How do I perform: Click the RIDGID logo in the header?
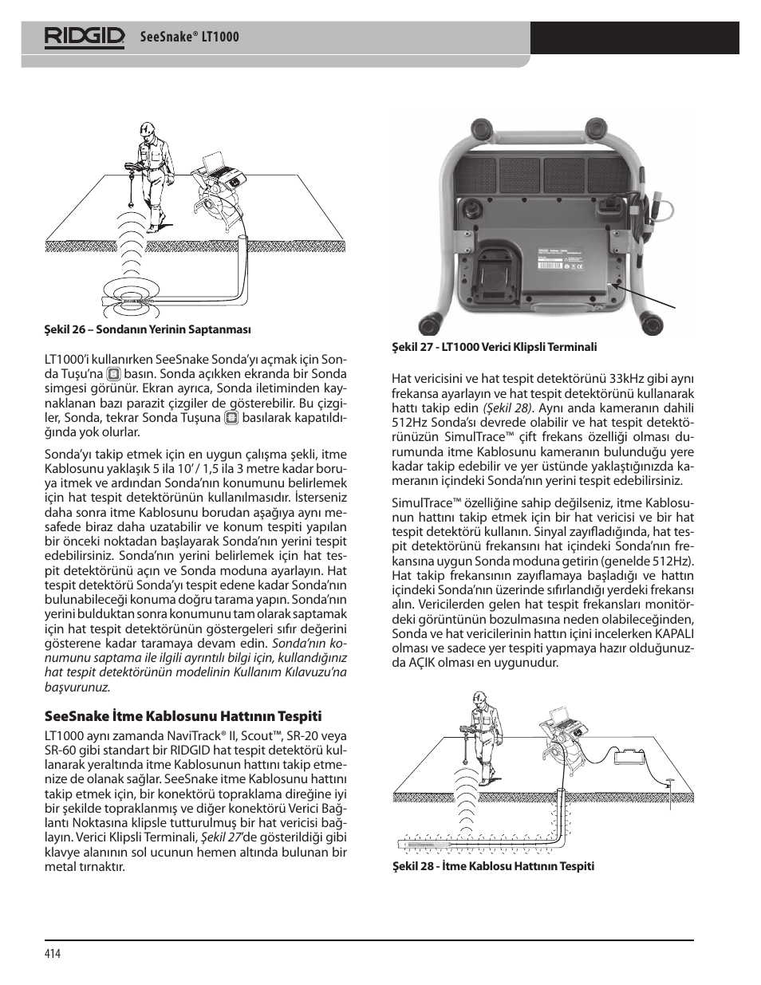(85, 37)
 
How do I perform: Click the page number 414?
(53, 954)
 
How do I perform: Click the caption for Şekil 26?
(148, 329)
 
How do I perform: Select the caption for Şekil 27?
(494, 347)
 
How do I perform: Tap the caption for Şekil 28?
(492, 866)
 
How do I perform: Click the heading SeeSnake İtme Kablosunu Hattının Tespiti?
(183, 715)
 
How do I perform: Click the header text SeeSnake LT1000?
(189, 37)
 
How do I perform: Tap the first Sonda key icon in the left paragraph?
(114, 374)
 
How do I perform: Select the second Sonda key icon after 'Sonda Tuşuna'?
(231, 417)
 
